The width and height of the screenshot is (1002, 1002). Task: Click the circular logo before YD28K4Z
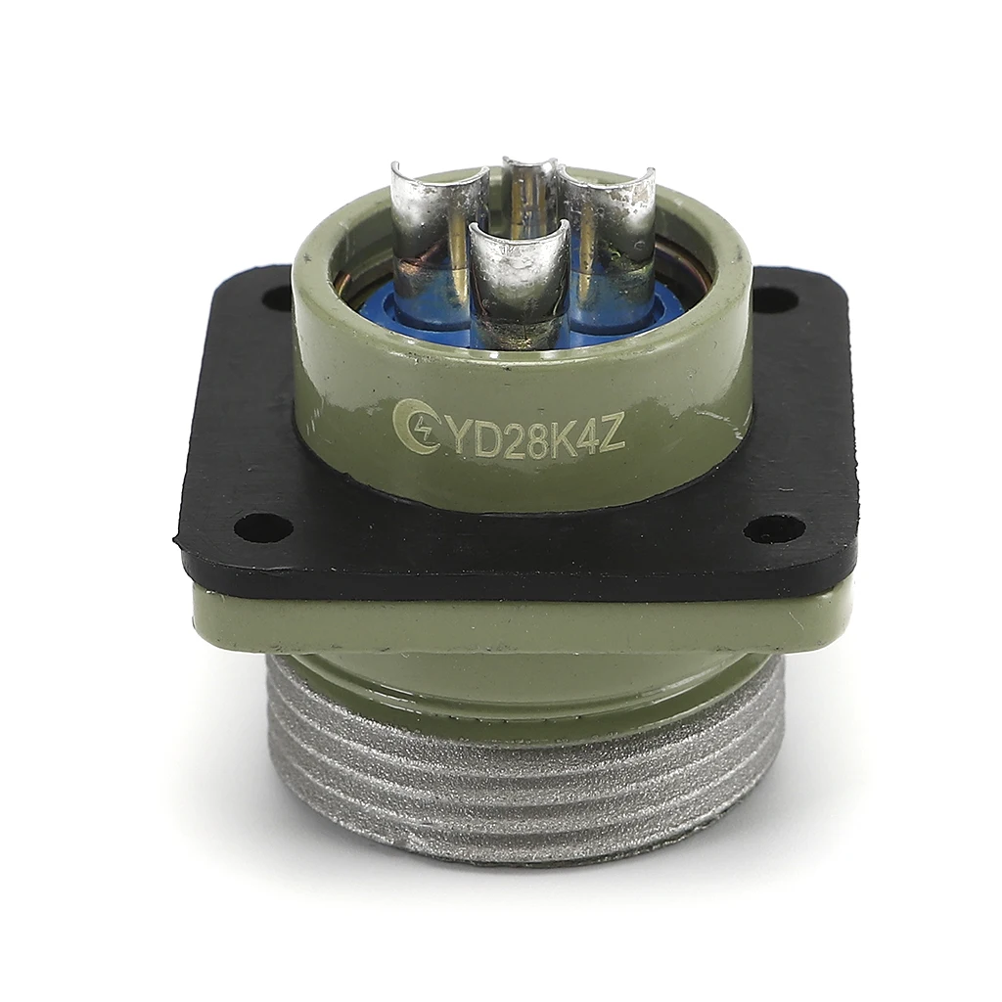pyautogui.click(x=415, y=428)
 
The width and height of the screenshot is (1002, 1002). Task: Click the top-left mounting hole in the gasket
pyautogui.click(x=279, y=297)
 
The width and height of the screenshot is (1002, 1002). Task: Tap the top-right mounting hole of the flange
pyautogui.click(x=774, y=299)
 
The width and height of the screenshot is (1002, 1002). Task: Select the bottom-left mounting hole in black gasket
pyautogui.click(x=263, y=527)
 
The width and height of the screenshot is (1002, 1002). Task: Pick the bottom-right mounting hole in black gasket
pyautogui.click(x=773, y=528)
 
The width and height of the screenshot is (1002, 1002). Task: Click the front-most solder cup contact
pyautogui.click(x=519, y=284)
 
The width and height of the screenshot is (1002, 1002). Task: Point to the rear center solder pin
pyautogui.click(x=529, y=196)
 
